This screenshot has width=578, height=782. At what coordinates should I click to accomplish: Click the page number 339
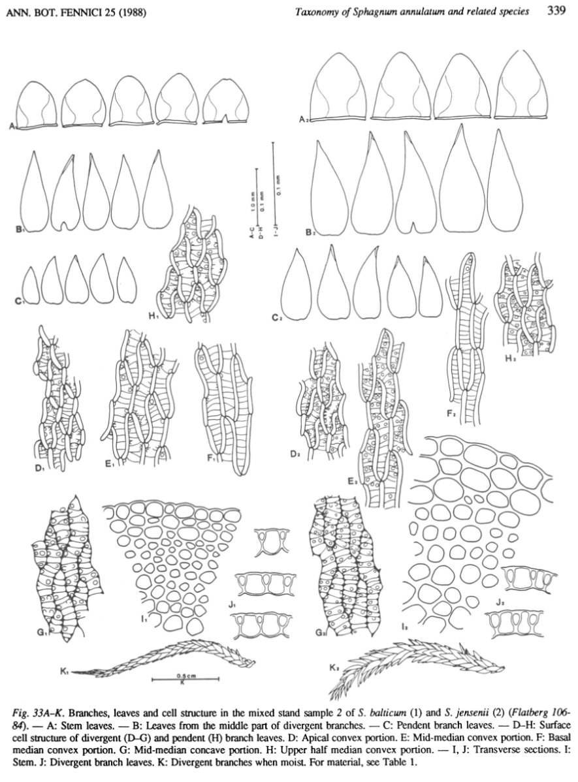pyautogui.click(x=556, y=11)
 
